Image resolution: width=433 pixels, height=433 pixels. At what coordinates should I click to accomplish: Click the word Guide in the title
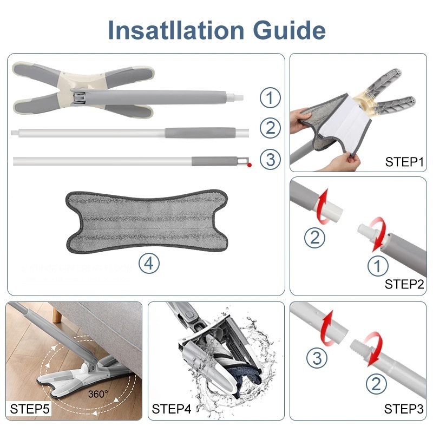coord(289,30)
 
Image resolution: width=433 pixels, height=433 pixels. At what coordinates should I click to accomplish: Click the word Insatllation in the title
coord(176,30)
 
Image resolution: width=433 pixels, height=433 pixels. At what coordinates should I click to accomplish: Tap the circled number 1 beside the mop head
coord(270,97)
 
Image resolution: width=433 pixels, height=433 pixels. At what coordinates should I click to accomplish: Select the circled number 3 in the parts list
coord(270,159)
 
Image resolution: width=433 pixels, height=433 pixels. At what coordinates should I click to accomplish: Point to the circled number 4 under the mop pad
coord(149,264)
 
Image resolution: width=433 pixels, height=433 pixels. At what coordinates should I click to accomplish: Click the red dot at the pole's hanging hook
coord(250,165)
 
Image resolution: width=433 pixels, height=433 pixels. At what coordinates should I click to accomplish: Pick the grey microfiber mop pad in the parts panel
coord(147,221)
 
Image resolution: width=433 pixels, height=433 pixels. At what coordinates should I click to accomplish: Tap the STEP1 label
coord(404,162)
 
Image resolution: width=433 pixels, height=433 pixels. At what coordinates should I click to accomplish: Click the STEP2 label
coord(404,284)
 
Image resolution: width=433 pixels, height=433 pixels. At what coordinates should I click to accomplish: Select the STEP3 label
coord(404,409)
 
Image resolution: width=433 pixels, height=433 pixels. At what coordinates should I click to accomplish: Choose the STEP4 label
coord(172,409)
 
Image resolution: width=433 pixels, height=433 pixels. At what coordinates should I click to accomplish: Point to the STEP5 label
coord(30,409)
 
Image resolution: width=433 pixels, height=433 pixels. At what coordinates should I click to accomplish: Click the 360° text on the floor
coord(98,394)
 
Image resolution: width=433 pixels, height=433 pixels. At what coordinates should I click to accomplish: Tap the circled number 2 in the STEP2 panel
coord(314,238)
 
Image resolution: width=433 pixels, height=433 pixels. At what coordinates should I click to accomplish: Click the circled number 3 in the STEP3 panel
coord(317,358)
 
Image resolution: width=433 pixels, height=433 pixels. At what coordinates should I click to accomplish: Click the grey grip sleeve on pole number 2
coord(200,132)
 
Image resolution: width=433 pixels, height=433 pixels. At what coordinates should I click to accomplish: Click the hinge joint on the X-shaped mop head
coord(79,97)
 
